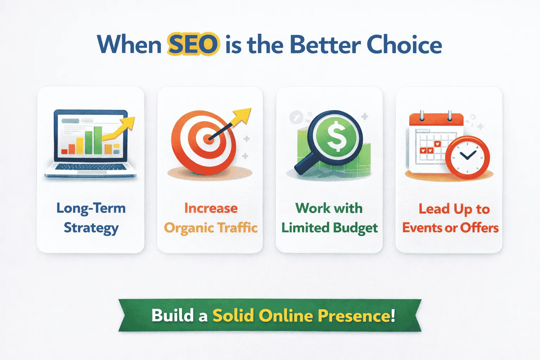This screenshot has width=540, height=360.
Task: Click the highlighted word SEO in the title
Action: (x=193, y=45)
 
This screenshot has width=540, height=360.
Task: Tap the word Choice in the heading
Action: (x=404, y=45)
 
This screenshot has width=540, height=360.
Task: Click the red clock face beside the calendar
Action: (x=467, y=157)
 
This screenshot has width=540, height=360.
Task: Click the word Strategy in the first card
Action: (x=91, y=228)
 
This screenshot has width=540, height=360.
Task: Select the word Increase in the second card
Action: (x=211, y=208)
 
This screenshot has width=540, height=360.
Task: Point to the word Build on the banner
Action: (x=173, y=315)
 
